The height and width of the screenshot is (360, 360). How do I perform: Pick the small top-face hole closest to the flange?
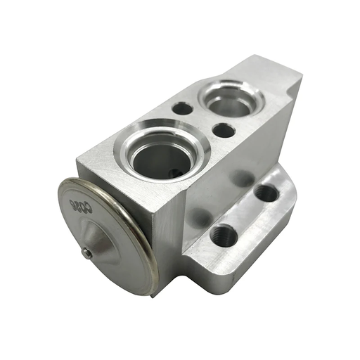(x=224, y=130)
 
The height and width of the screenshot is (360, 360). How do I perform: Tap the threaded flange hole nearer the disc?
(x=224, y=234)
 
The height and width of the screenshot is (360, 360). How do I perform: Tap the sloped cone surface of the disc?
(x=105, y=243)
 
